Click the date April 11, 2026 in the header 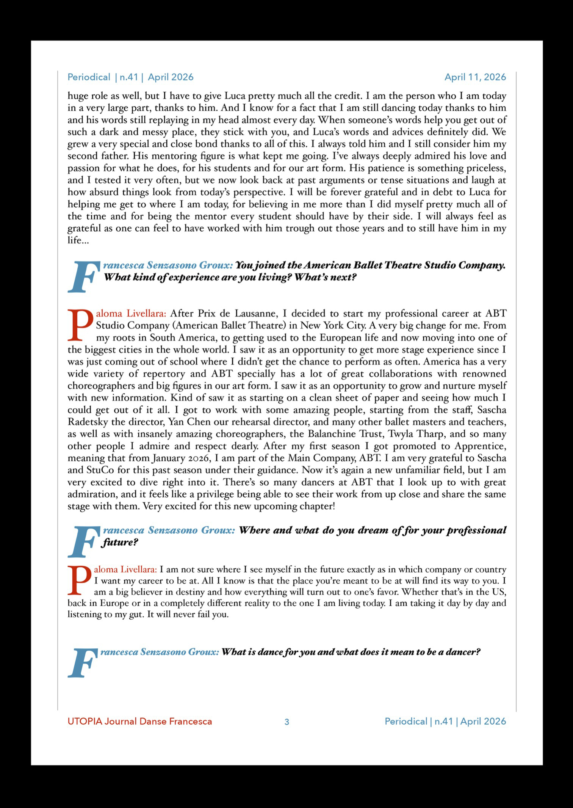coord(475,77)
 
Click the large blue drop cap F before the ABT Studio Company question coord(82,277)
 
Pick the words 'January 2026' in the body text coord(181,458)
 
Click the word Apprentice coord(480,446)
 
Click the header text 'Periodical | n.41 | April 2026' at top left coord(130,77)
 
